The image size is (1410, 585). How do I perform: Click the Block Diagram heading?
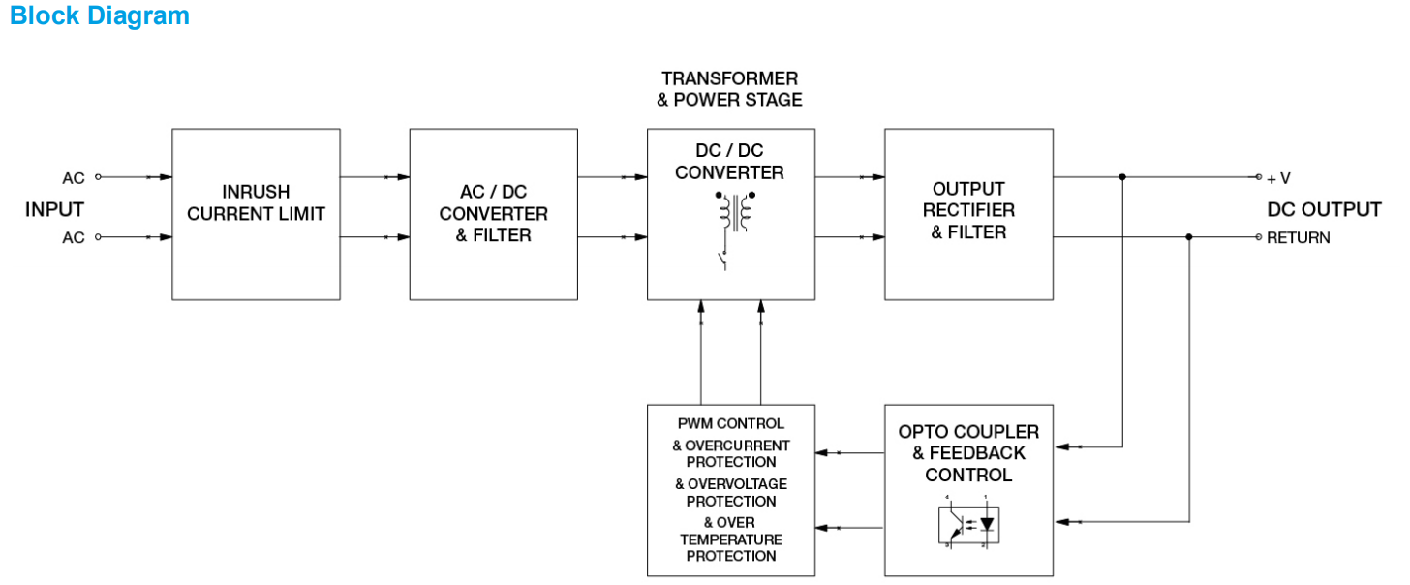(100, 16)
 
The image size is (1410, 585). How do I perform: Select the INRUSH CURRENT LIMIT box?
(256, 214)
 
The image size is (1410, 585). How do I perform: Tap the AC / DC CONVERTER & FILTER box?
(494, 214)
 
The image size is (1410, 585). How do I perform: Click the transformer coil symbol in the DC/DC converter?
(735, 213)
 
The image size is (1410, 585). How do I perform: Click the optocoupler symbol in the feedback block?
(968, 523)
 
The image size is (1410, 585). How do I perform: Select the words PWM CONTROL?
(731, 424)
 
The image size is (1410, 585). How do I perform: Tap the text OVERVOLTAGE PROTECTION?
(731, 493)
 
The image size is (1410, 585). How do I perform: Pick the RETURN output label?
(1299, 237)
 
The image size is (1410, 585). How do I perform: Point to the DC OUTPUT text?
(1324, 210)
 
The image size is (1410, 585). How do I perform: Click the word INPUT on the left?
(54, 209)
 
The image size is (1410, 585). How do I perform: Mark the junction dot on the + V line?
(1122, 177)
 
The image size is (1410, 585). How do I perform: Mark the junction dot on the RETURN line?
(1189, 236)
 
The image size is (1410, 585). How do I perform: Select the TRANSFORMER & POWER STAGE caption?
(731, 88)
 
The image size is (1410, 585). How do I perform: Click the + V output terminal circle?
(1259, 177)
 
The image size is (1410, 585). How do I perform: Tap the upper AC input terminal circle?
(98, 177)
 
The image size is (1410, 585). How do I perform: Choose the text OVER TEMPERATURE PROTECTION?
(731, 539)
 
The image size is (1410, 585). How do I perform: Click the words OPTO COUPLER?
(968, 432)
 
